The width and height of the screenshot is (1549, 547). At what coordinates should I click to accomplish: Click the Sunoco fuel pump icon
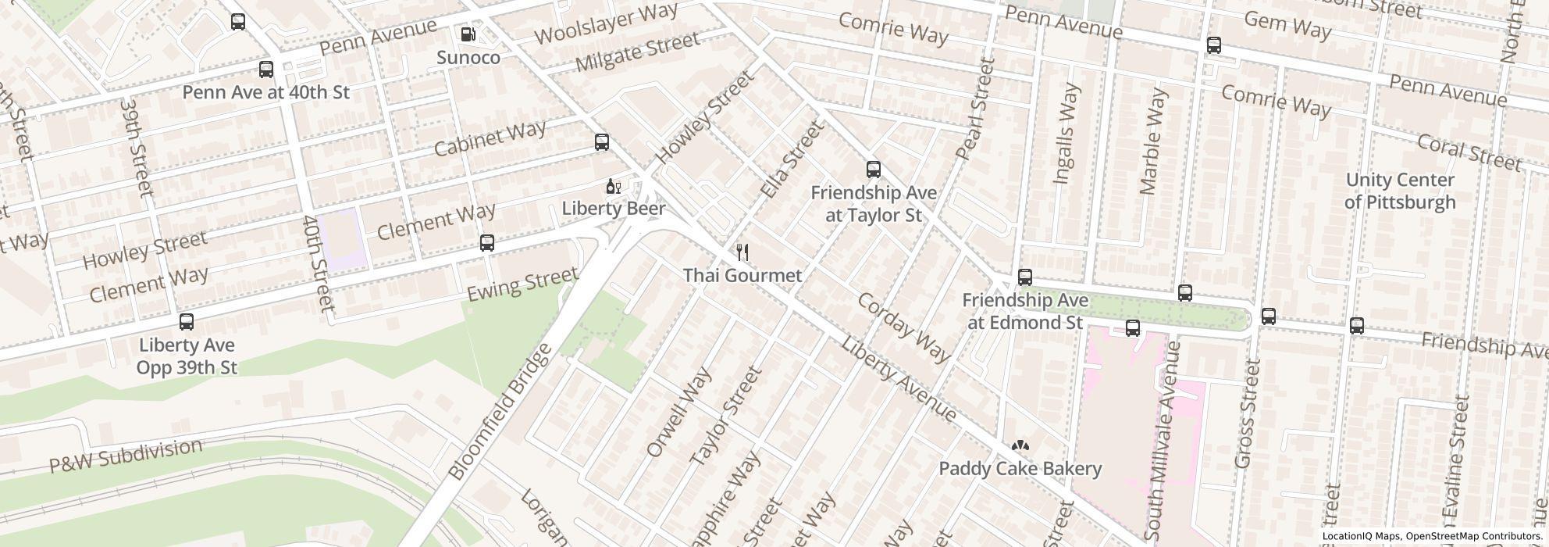click(x=468, y=34)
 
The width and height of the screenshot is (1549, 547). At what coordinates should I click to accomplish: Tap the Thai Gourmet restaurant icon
click(x=742, y=252)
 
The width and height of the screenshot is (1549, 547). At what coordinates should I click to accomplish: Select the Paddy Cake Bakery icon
click(x=1020, y=446)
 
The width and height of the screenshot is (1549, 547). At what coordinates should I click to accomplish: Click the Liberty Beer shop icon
click(x=614, y=187)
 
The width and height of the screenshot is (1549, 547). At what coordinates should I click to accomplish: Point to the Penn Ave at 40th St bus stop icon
click(x=266, y=70)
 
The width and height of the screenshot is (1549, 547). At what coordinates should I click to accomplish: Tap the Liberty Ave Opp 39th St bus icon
click(x=187, y=322)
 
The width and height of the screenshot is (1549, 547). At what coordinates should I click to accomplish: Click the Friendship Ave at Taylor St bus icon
click(x=874, y=170)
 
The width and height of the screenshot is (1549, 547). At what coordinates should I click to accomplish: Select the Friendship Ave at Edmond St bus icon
click(x=1025, y=277)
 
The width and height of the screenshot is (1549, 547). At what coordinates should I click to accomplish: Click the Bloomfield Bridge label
click(x=500, y=412)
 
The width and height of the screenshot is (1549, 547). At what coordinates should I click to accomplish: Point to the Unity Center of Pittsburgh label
click(x=1400, y=191)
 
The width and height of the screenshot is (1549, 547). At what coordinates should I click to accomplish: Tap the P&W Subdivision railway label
click(x=126, y=456)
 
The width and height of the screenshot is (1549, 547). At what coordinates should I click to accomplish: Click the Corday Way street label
click(x=903, y=327)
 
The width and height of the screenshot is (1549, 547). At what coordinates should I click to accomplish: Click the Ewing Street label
click(x=522, y=284)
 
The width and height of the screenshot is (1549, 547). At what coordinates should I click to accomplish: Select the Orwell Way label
click(x=679, y=412)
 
